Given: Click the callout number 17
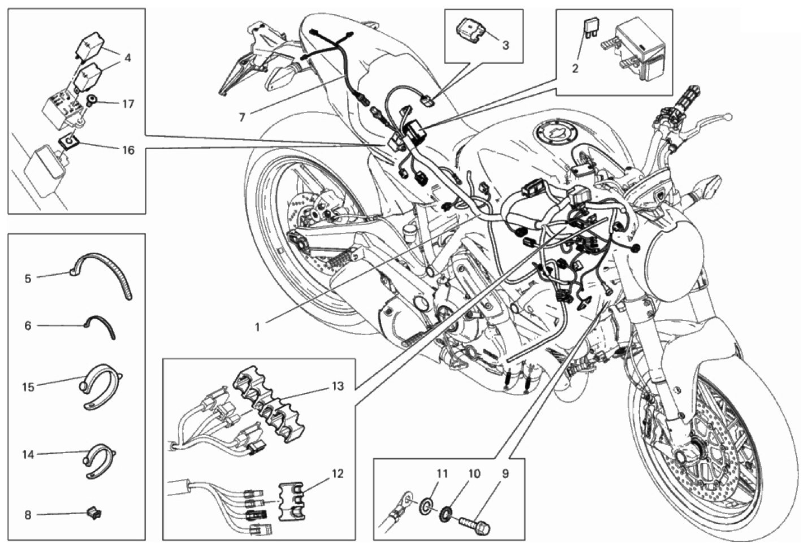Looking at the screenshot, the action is tap(128, 105).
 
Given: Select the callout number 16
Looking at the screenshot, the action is tap(128, 150).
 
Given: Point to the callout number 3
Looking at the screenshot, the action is tap(506, 45).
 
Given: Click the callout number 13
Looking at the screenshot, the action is tap(338, 386).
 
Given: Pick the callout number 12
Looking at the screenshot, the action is tap(338, 474).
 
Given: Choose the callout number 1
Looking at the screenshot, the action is tap(257, 327).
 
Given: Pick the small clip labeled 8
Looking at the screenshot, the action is tap(95, 513).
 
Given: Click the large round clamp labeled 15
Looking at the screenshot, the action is tap(102, 387).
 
